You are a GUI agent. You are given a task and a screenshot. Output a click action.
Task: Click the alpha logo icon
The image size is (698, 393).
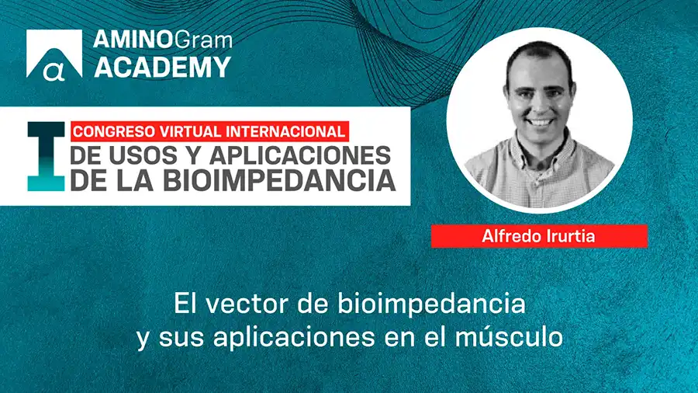click(54, 54)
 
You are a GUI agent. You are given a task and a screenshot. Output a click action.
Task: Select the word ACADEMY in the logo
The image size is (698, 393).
click(162, 67)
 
